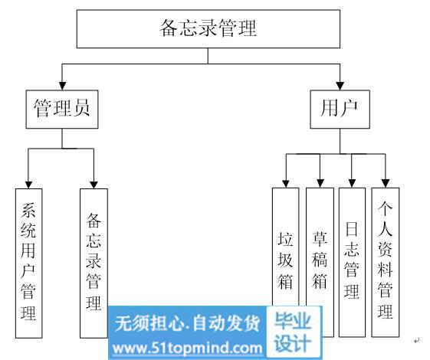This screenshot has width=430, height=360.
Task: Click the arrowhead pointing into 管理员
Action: [x=63, y=86]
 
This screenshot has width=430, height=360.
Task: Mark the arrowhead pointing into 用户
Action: [x=340, y=86]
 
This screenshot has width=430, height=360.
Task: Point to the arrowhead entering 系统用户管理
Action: [x=28, y=185]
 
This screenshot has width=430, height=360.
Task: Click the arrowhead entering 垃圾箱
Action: [x=286, y=184]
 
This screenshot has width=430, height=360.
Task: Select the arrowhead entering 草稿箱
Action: [x=320, y=184]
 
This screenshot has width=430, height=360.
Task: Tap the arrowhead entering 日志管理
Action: [x=352, y=184]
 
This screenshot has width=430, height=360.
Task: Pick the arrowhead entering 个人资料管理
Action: [x=386, y=184]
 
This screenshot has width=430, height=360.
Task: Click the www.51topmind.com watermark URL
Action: [x=188, y=349]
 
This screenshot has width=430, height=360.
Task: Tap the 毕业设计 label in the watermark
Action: [x=293, y=332]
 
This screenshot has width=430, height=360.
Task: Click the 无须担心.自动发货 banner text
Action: [x=187, y=323]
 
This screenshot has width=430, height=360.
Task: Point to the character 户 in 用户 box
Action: [x=348, y=109]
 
